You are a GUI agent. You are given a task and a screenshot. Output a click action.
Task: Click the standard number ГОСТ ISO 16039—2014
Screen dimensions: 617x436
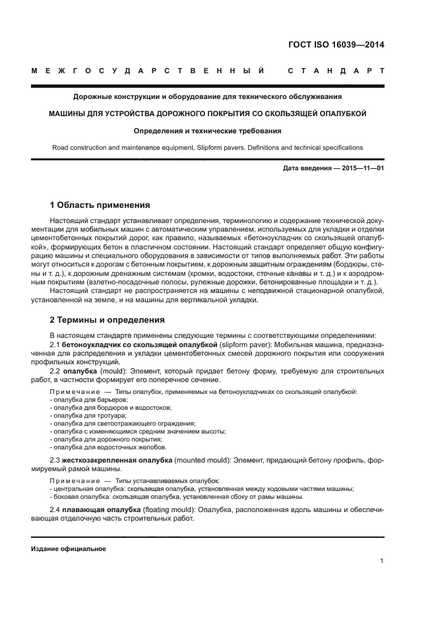coord(337,45)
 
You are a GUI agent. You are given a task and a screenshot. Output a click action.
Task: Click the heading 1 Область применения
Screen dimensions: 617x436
coord(100,205)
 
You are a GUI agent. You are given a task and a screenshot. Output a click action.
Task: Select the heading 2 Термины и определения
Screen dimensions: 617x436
coord(108,320)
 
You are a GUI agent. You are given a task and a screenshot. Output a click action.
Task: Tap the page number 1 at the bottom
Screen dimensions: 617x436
coord(382,561)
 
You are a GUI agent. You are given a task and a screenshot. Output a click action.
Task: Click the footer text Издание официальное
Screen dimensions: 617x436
coord(69,548)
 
